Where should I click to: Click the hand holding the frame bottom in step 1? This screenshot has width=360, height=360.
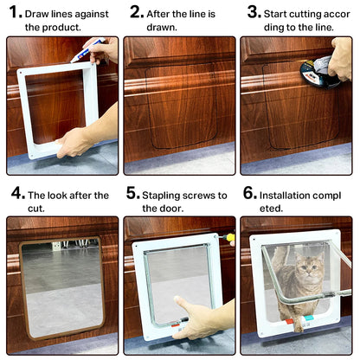pyautogui.click(x=76, y=141)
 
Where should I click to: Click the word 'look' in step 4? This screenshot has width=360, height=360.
pyautogui.click(x=59, y=196)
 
